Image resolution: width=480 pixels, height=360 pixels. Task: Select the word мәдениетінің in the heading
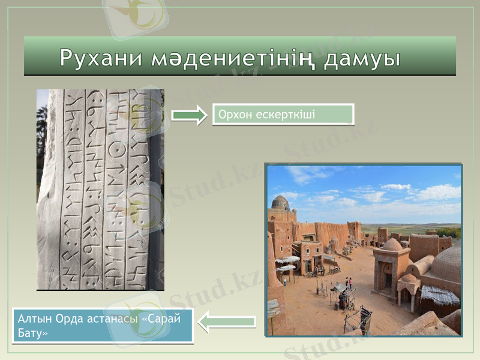click(231, 58)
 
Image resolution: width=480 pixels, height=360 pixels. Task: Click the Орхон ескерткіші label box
click(283, 114)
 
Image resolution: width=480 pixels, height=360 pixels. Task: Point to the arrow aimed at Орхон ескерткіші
click(188, 115)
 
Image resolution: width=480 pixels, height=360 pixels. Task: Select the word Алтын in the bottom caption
click(34, 319)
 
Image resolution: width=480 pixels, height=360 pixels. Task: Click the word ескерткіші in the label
click(282, 114)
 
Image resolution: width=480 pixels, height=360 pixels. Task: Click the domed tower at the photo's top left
click(280, 204)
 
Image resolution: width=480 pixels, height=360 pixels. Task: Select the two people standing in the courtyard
click(348, 282)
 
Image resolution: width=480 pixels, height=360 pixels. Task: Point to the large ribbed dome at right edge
click(447, 264)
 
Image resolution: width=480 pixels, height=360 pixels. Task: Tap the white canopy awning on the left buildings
click(288, 260)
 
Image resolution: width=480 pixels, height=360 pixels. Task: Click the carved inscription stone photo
click(100, 190)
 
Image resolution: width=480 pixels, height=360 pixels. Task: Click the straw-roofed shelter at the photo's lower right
click(440, 295)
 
